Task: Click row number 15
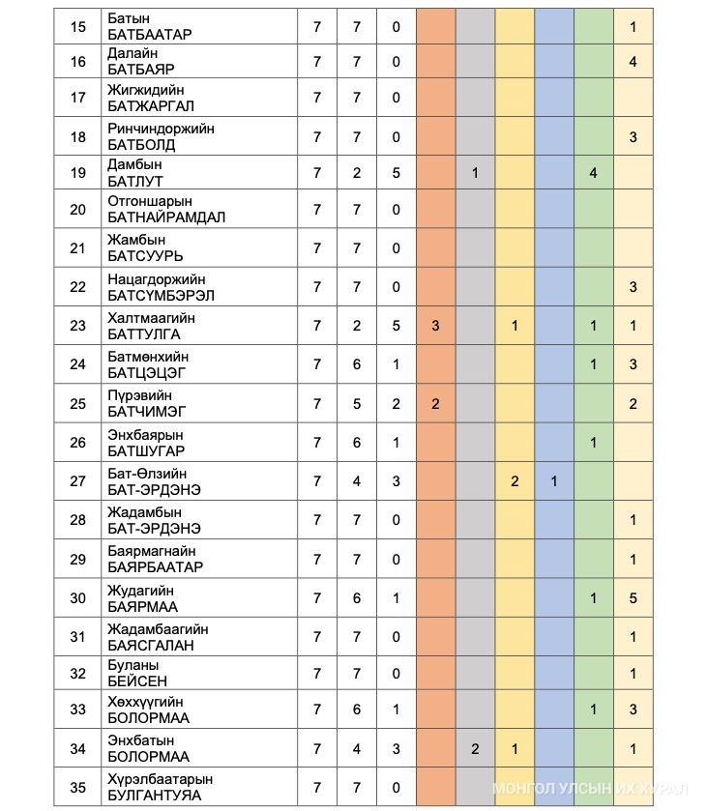pyautogui.click(x=78, y=27)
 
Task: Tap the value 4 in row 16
pyautogui.click(x=633, y=62)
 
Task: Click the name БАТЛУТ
pyautogui.click(x=135, y=181)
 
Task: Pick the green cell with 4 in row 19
pyautogui.click(x=593, y=173)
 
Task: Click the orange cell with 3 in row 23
pyautogui.click(x=435, y=326)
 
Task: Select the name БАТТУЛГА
pyautogui.click(x=144, y=334)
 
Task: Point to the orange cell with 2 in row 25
pyautogui.click(x=435, y=404)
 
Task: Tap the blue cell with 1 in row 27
pyautogui.click(x=554, y=480)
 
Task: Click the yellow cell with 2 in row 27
pyautogui.click(x=515, y=480)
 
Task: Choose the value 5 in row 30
pyautogui.click(x=633, y=598)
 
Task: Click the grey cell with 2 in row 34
pyautogui.click(x=475, y=749)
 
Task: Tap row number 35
pyautogui.click(x=78, y=788)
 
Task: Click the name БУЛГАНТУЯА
pyautogui.click(x=155, y=796)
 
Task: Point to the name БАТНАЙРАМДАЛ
pyautogui.click(x=166, y=217)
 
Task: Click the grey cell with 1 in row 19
pyautogui.click(x=475, y=173)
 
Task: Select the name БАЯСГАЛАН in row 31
pyautogui.click(x=151, y=645)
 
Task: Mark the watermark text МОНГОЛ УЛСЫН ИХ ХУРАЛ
pyautogui.click(x=593, y=789)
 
